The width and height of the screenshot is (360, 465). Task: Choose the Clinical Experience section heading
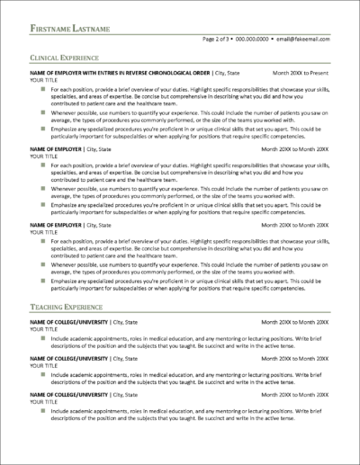[x=67, y=57]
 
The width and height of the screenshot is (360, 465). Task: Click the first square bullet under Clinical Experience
[x=42, y=90]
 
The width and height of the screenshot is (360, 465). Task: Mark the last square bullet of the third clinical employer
[x=42, y=280]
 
